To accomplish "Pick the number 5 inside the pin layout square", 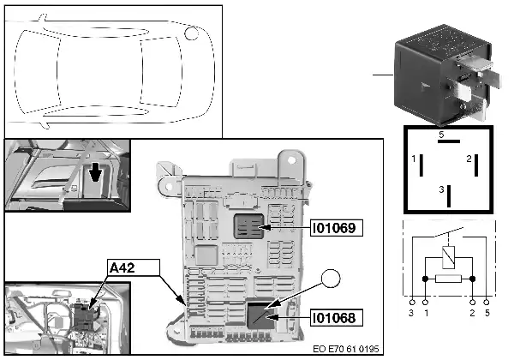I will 442,135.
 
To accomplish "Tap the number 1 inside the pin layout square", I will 414,160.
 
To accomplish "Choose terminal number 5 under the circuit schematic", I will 487,314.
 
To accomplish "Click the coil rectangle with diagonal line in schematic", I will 448,255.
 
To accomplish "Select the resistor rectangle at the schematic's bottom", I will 449,279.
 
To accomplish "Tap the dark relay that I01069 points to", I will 249,226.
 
